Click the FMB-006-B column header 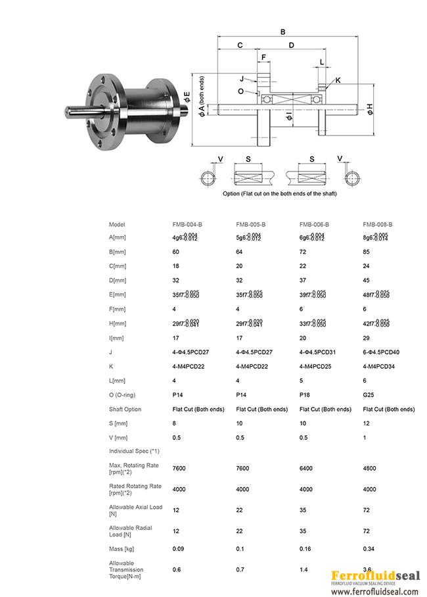(314, 224)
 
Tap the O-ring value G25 (369, 394)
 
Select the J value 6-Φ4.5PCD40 (381, 352)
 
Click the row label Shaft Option (125, 409)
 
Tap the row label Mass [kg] (122, 548)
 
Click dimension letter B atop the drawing (282, 32)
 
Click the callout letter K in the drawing (338, 80)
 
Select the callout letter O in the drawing (241, 91)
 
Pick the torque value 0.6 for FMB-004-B (176, 569)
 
